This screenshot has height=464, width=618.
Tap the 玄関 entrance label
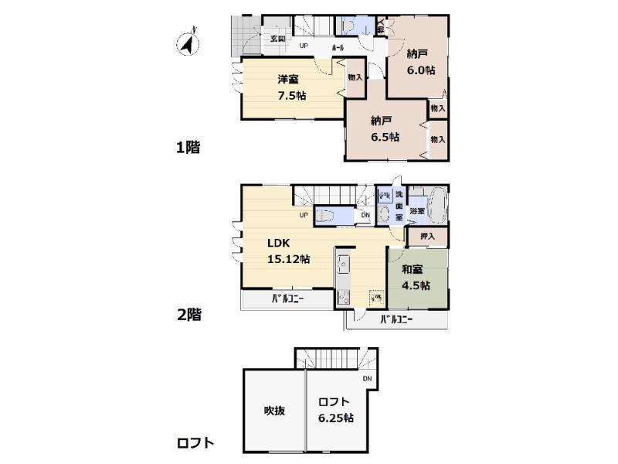(x=277, y=39)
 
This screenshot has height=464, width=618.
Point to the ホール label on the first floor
(x=338, y=48)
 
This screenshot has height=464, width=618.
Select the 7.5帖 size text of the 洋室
(x=291, y=96)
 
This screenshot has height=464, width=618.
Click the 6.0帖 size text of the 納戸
(x=421, y=70)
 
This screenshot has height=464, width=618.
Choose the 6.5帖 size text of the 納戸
(x=384, y=136)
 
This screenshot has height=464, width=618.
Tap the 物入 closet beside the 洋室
(x=355, y=77)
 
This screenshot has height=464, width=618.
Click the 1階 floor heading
(x=188, y=147)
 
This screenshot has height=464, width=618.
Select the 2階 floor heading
(x=188, y=315)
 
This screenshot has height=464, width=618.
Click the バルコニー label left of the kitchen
(x=286, y=299)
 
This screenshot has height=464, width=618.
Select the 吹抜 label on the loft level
(x=273, y=410)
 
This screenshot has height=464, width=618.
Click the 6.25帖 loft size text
(x=336, y=418)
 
